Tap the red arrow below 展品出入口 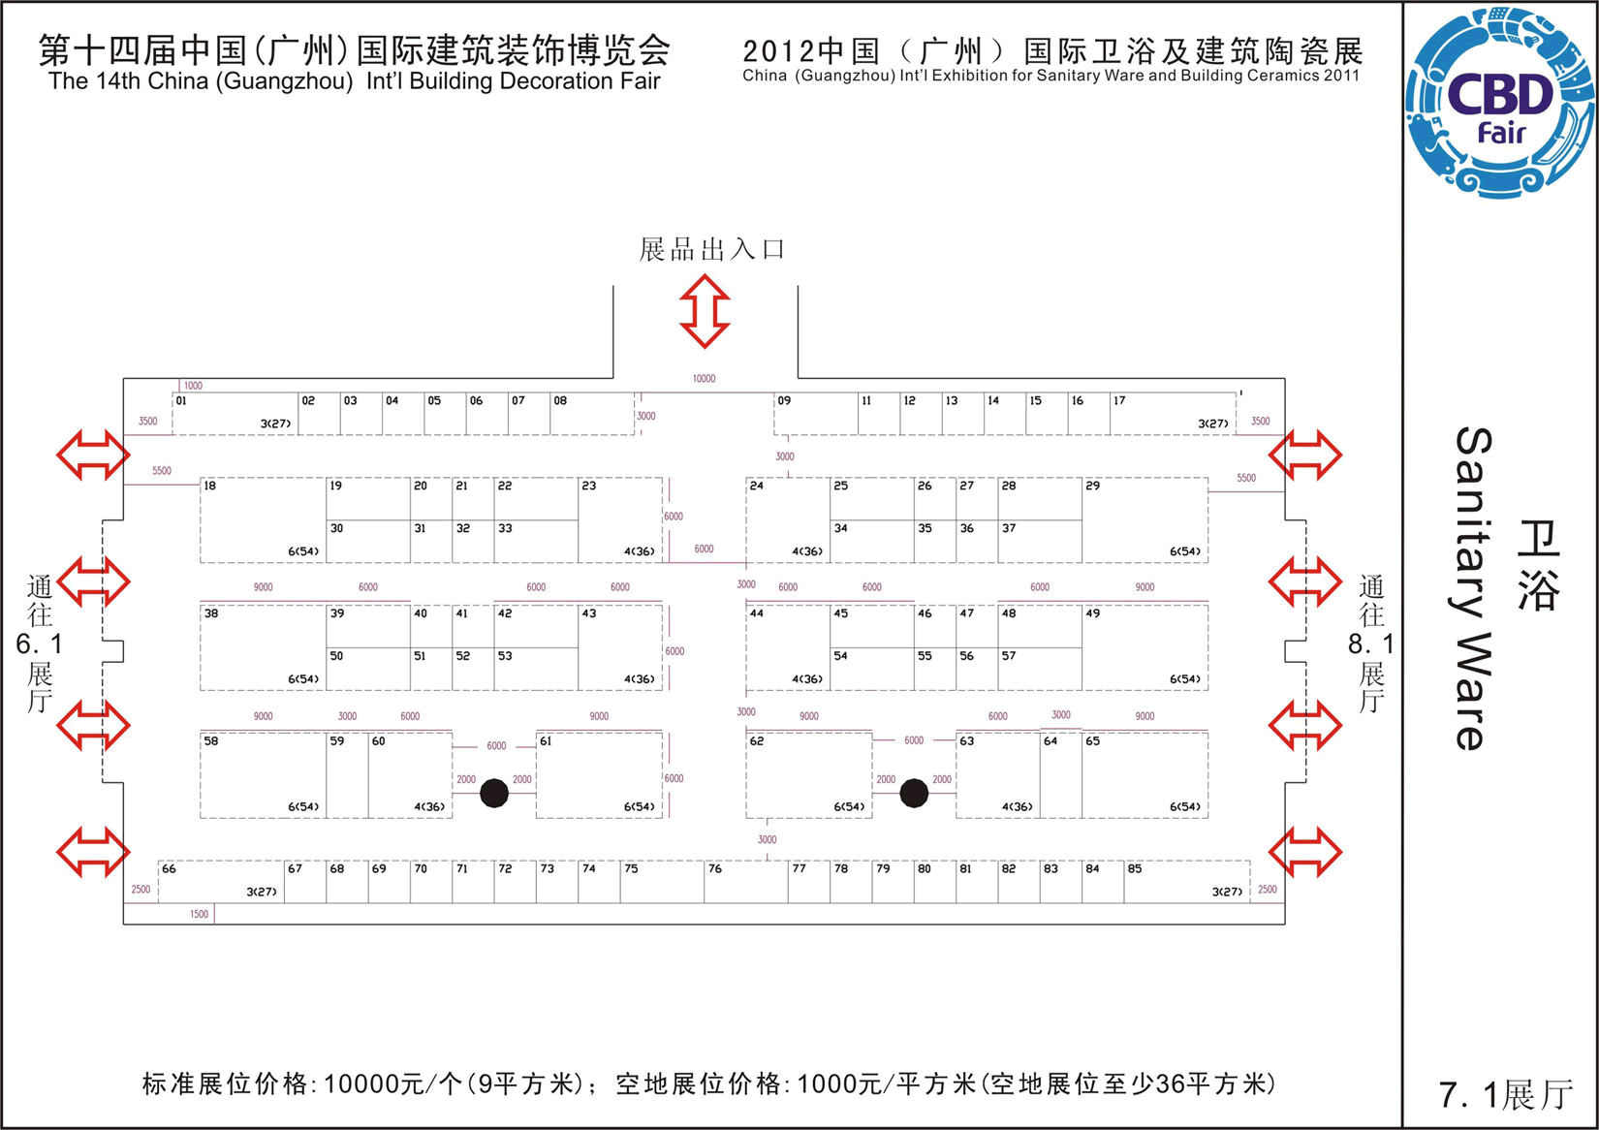tap(705, 310)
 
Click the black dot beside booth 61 tap(494, 793)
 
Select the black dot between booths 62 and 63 tap(914, 793)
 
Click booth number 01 tap(181, 400)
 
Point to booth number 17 tap(1119, 400)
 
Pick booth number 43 tap(589, 613)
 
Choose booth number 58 tap(211, 741)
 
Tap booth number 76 tap(715, 868)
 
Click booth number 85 tap(1135, 868)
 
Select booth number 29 tap(1093, 486)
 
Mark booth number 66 tap(169, 868)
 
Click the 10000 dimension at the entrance tap(705, 379)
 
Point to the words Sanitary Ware tap(1473, 588)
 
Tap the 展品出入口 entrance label tap(712, 250)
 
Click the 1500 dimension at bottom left tap(199, 914)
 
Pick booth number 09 tap(784, 400)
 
